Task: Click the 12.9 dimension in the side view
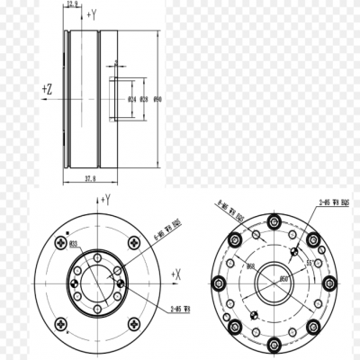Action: tap(73, 4)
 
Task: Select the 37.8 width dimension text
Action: tap(89, 179)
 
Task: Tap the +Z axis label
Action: tap(47, 89)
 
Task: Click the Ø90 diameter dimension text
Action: tap(157, 98)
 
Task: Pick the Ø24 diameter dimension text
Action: tap(131, 98)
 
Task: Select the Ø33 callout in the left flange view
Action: tap(74, 243)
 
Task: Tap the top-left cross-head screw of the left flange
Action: tap(60, 241)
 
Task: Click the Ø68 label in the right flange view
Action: tap(251, 267)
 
